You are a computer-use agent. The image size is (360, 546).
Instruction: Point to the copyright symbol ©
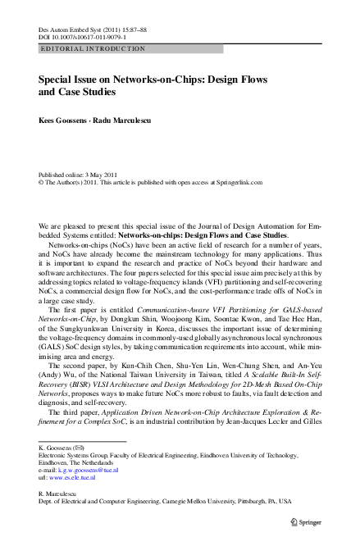(x=42, y=184)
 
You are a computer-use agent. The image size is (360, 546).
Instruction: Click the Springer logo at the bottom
(x=303, y=519)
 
